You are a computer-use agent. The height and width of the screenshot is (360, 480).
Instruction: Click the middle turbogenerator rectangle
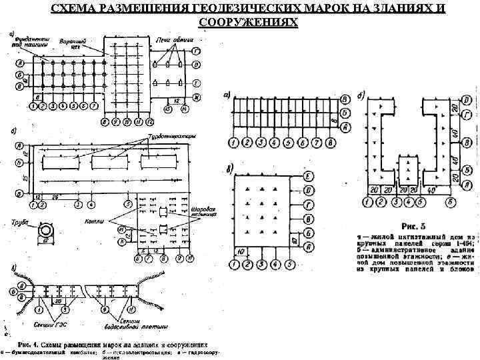point(112,162)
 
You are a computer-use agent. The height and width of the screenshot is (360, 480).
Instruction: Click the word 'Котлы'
point(93,221)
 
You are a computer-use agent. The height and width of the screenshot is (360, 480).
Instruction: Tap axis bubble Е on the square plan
point(308,175)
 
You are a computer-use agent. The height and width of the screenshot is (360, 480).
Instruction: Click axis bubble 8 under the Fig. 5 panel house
point(331,142)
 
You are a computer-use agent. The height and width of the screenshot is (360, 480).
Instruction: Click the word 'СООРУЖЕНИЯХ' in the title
point(249,22)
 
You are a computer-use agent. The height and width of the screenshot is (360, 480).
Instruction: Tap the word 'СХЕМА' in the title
point(73,9)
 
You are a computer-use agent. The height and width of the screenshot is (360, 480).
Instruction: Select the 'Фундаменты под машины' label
point(31,43)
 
